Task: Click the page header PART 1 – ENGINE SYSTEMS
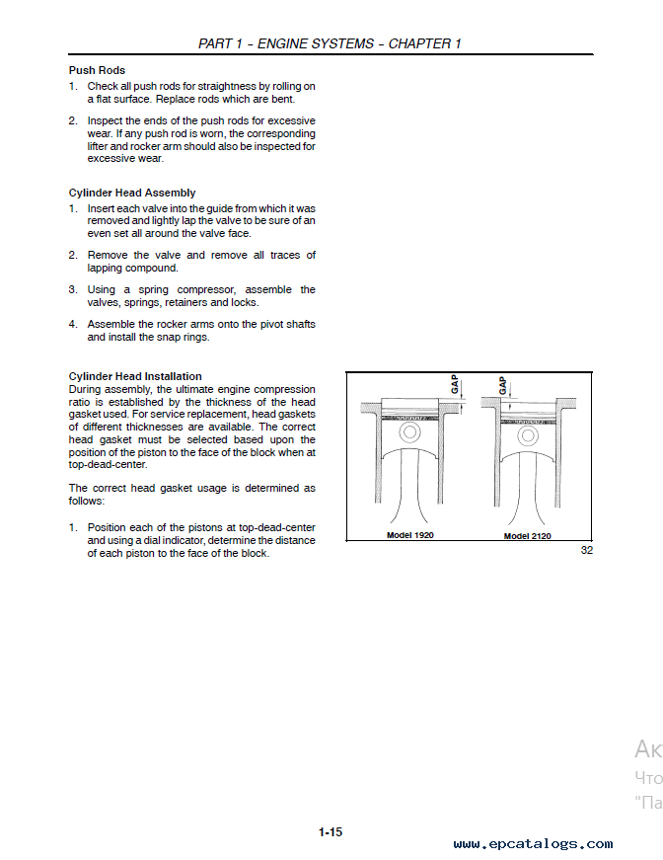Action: pos(330,43)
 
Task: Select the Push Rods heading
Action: pos(97,71)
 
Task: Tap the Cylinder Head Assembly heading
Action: pos(132,193)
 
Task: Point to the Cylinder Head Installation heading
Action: pos(135,376)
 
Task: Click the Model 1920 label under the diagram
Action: pos(409,535)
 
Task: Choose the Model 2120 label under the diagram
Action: pos(527,536)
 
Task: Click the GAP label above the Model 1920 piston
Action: pos(455,384)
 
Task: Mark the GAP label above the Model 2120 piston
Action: pos(503,384)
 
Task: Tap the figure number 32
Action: pos(586,550)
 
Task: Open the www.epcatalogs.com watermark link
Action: pos(533,844)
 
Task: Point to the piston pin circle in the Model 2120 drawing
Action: pos(528,433)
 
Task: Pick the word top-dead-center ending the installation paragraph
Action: pos(108,464)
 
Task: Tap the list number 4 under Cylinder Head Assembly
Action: pos(72,324)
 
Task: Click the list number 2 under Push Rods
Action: pos(72,120)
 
